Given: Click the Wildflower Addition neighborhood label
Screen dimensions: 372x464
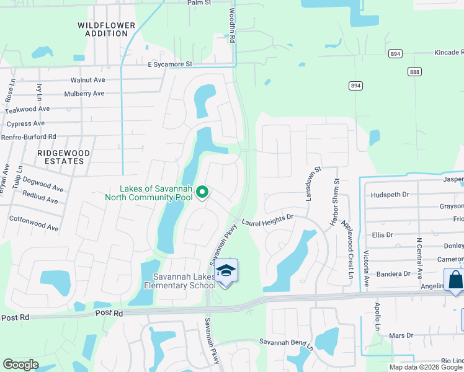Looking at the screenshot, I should pyautogui.click(x=106, y=29).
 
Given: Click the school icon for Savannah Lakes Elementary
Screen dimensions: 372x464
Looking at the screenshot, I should pyautogui.click(x=226, y=271).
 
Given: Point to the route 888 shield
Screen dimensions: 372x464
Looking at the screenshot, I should pyautogui.click(x=414, y=72).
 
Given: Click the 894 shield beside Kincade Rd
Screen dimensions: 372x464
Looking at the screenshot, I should pyautogui.click(x=395, y=54).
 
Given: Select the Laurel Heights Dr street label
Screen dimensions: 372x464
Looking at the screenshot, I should pyautogui.click(x=267, y=220).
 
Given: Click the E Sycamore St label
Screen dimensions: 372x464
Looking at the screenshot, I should pyautogui.click(x=170, y=64).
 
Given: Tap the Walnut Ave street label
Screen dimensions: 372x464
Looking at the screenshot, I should pyautogui.click(x=87, y=80).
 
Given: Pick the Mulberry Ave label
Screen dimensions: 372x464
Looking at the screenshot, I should pyautogui.click(x=84, y=94).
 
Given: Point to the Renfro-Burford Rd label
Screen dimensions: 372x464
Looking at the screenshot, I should pyautogui.click(x=29, y=136).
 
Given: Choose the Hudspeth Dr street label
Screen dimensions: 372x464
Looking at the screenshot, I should pyautogui.click(x=390, y=195).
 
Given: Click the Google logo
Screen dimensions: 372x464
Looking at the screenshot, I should pyautogui.click(x=20, y=365).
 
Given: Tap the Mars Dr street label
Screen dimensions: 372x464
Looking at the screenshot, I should pyautogui.click(x=400, y=335).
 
